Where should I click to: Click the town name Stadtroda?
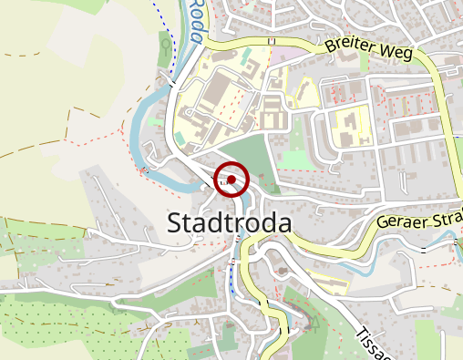click(230, 223)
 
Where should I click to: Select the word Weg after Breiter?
click(398, 53)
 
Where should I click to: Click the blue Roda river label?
click(196, 15)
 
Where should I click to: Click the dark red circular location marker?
click(231, 180)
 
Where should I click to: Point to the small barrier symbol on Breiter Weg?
click(271, 41)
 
